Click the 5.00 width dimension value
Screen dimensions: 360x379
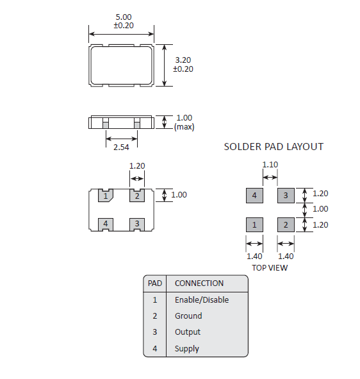click(x=124, y=17)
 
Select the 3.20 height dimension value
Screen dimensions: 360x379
click(x=183, y=60)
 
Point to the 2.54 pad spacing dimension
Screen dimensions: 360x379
click(x=121, y=147)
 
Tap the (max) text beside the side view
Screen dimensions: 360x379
click(x=184, y=127)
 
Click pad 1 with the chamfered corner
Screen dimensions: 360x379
click(x=106, y=196)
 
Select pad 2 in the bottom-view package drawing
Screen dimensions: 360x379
click(x=137, y=196)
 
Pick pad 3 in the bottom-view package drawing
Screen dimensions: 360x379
click(x=137, y=224)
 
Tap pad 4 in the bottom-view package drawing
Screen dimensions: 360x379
click(x=106, y=224)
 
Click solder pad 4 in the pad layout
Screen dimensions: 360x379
click(x=254, y=196)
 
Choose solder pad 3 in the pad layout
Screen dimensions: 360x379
click(x=286, y=196)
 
